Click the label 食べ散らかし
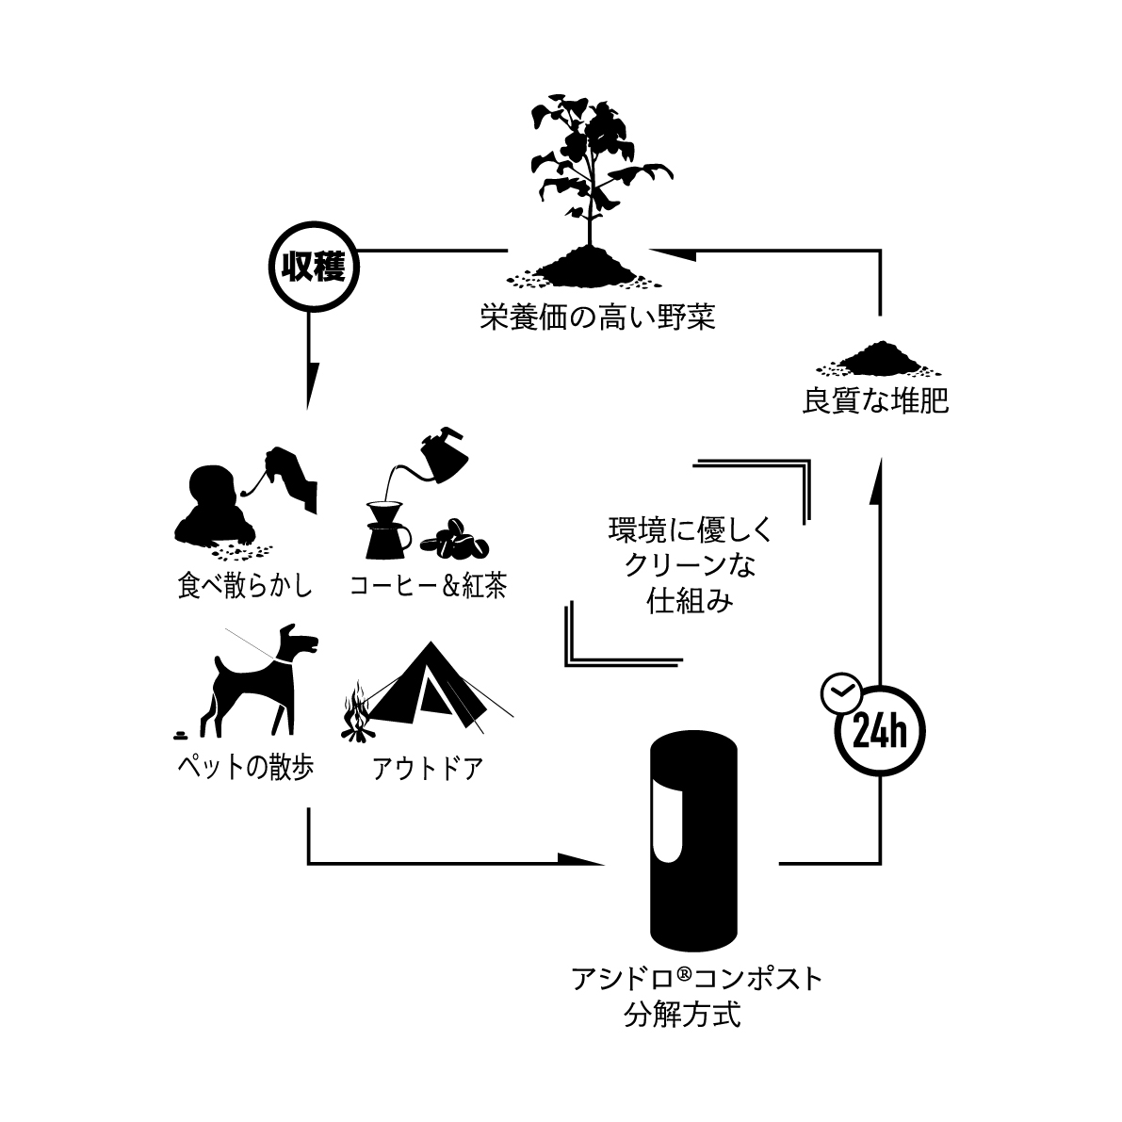(244, 586)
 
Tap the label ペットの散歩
(245, 768)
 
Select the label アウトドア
(428, 769)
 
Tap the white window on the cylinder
(667, 824)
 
